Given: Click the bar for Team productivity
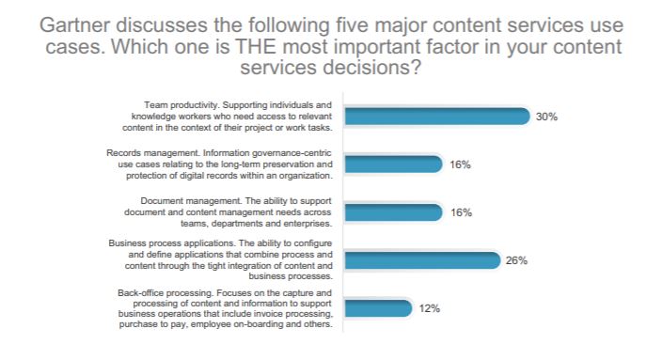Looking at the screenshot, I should click(437, 116).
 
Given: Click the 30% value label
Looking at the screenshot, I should click(547, 117).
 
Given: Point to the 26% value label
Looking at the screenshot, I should click(516, 260).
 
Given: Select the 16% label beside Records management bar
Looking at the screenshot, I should click(460, 164).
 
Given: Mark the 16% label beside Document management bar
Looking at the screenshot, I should click(460, 212).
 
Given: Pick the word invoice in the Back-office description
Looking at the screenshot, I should click(277, 314).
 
